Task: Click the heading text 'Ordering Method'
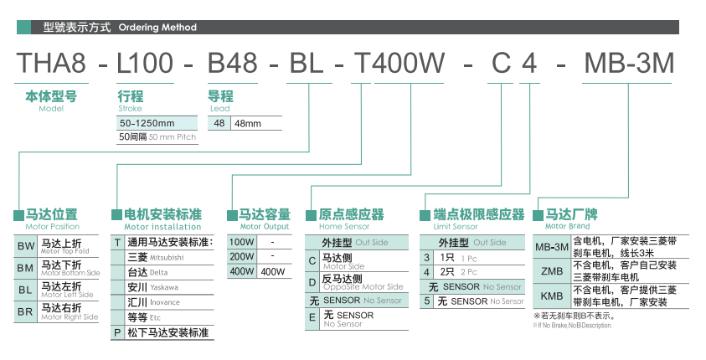click(x=157, y=28)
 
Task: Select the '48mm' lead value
click(x=247, y=123)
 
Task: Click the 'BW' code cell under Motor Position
click(x=26, y=246)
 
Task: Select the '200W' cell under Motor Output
click(x=241, y=256)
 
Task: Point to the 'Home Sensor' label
click(x=344, y=227)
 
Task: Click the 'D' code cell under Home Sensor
click(x=312, y=280)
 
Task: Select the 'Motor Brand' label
click(x=567, y=227)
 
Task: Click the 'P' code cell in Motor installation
click(x=117, y=332)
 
